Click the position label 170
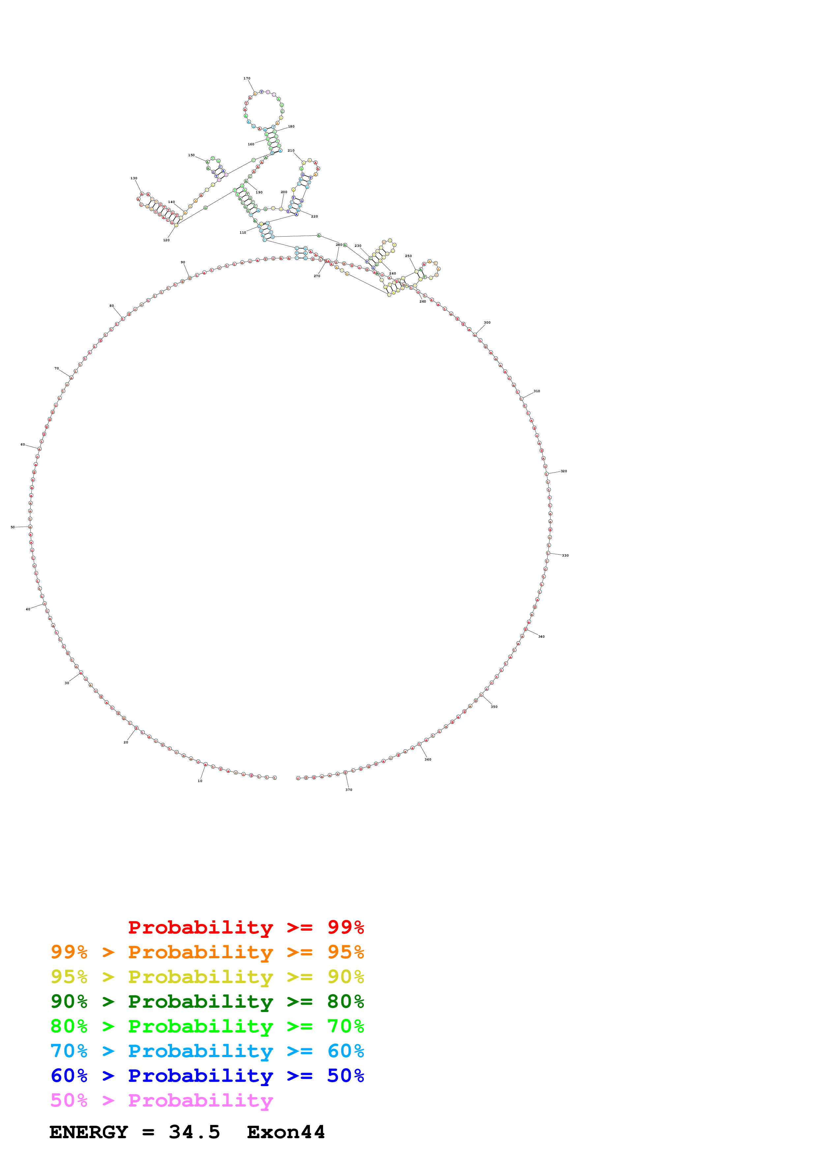pos(247,78)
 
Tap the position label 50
pos(13,527)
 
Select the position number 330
pos(565,556)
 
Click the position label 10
pos(200,781)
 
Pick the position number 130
pos(134,178)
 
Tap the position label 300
pos(487,323)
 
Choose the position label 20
pos(126,742)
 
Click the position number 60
pos(23,445)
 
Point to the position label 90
pos(183,262)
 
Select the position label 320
pos(564,471)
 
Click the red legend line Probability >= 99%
pos(246,927)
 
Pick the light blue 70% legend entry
pos(207,1051)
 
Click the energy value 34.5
pos(194,1132)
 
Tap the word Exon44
pos(286,1132)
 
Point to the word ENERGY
pos(89,1132)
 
